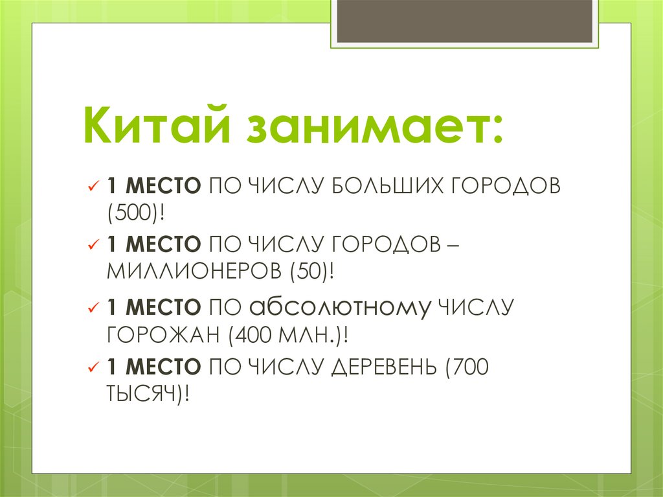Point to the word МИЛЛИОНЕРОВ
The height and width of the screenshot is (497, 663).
pos(192,270)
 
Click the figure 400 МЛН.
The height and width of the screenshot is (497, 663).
pos(285,335)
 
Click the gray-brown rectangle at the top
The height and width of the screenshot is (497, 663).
pos(465,21)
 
